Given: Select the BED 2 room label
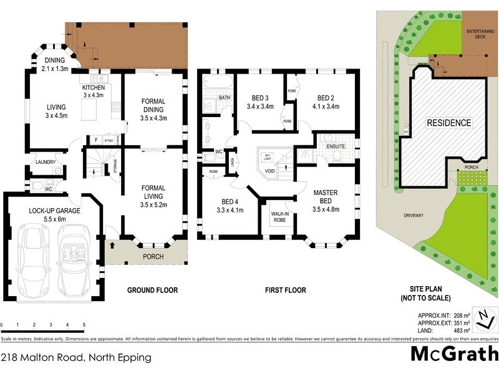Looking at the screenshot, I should click(326, 98).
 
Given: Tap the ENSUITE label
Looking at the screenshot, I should click(335, 146).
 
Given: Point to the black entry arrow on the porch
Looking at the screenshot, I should click(112, 245).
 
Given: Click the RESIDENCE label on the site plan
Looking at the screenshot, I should click(448, 123).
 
